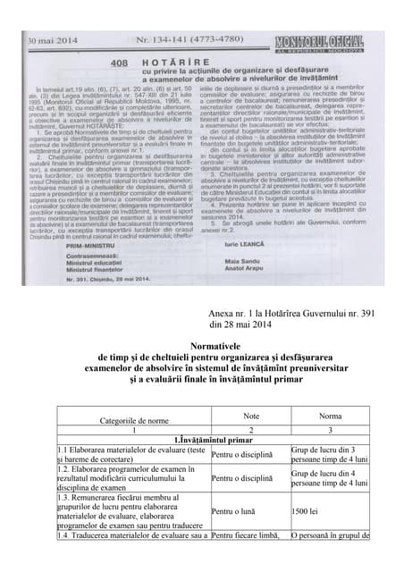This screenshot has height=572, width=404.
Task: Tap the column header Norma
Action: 329,416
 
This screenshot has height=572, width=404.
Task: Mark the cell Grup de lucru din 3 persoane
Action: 329,454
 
